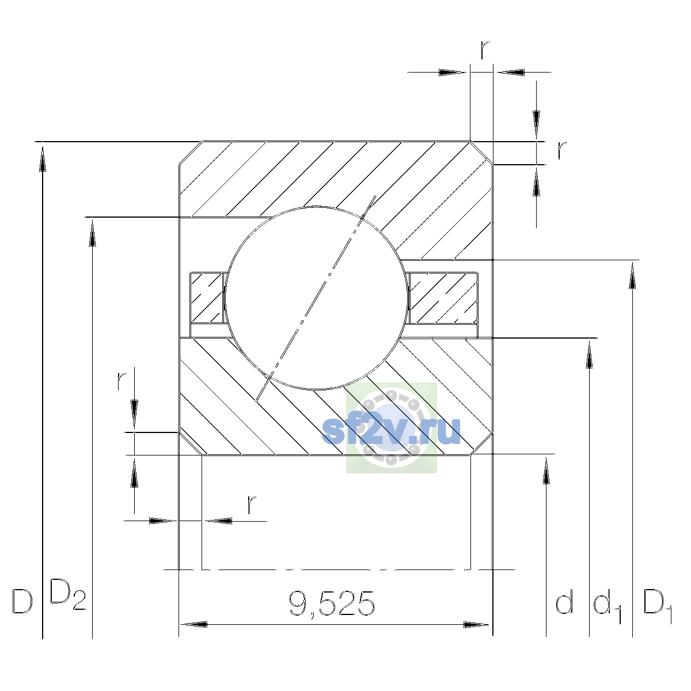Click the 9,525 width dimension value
click(332, 605)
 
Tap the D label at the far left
click(22, 601)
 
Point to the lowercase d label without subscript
click(564, 601)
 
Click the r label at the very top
click(484, 50)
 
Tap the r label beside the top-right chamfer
click(562, 150)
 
